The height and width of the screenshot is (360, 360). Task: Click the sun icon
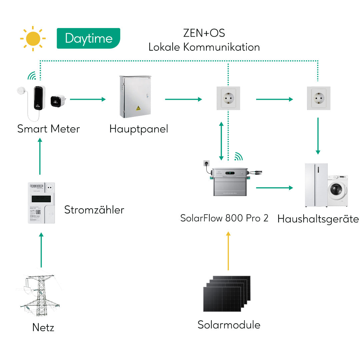coord(33,38)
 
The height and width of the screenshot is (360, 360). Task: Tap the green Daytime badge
coord(88,38)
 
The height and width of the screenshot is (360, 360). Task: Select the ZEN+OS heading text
coord(204,33)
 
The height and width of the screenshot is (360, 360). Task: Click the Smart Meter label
coord(49,129)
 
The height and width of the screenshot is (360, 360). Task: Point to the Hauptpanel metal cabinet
coord(135,97)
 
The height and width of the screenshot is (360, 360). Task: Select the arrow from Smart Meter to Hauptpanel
coord(88,99)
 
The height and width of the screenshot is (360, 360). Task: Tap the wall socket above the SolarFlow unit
coord(228,98)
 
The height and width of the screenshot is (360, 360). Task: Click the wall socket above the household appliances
coord(318,98)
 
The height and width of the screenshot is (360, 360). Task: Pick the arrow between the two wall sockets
coord(274,99)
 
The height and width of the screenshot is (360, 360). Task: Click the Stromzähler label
coord(94,210)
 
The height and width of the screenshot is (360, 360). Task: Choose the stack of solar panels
coord(227,293)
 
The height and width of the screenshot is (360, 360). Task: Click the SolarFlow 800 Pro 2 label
coord(224,218)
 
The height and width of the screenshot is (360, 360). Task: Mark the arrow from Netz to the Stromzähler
coord(41,250)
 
